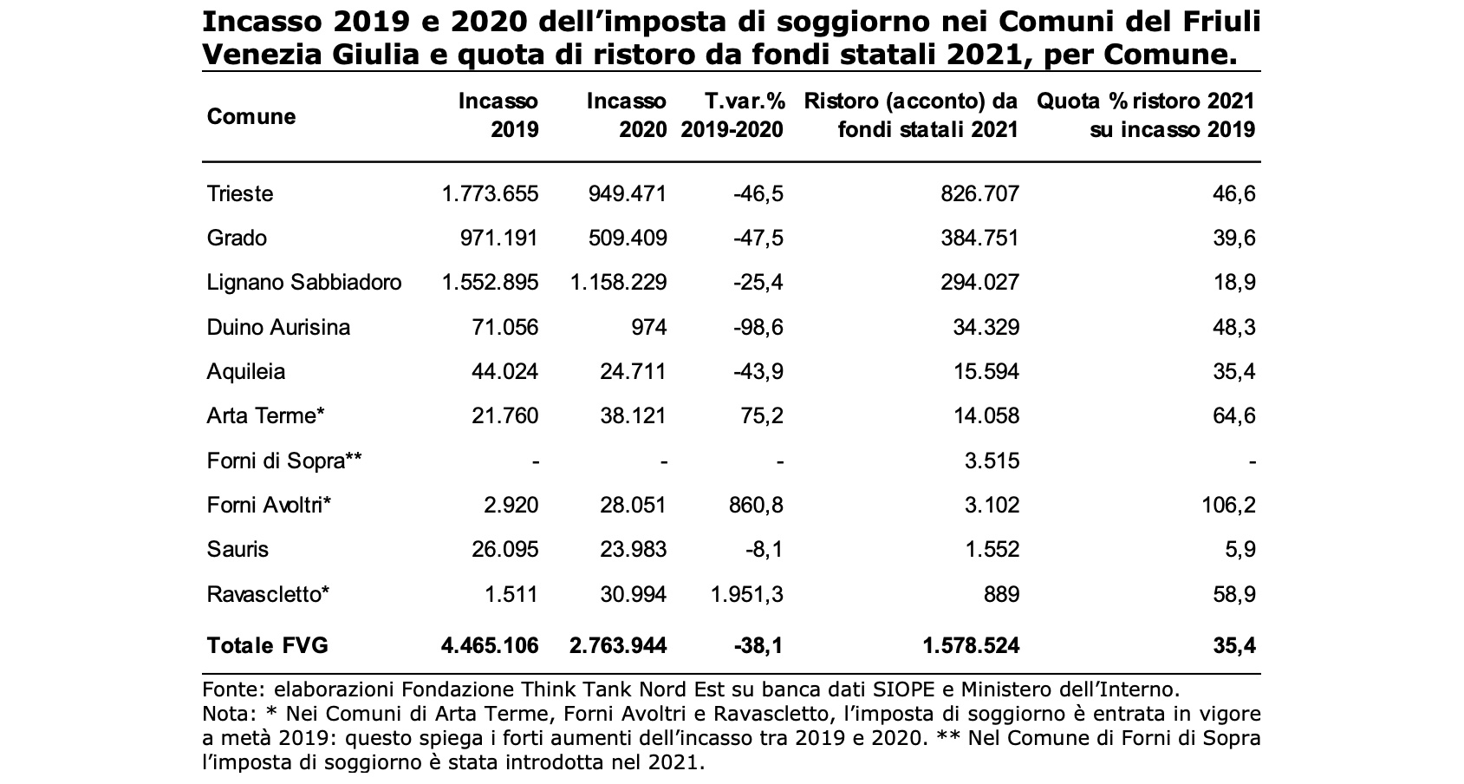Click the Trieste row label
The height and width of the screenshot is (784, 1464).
(x=240, y=193)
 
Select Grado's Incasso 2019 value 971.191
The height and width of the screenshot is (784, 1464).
(x=498, y=238)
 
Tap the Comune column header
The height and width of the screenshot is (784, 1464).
(x=251, y=116)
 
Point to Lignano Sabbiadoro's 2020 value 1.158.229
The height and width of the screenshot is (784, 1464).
(x=618, y=282)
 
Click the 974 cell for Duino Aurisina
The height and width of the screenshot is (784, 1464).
(x=649, y=327)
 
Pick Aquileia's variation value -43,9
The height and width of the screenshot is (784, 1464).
(x=758, y=371)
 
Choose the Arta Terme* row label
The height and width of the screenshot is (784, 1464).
(x=265, y=416)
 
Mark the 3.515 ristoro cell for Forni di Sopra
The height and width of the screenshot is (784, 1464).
(x=992, y=461)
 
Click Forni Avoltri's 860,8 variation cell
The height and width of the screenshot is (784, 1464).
(x=756, y=505)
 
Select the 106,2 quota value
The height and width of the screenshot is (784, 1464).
(x=1229, y=505)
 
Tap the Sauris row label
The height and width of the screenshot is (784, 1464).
(x=237, y=549)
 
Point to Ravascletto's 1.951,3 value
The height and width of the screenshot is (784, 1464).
(x=747, y=594)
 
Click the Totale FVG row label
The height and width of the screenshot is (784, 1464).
(x=267, y=645)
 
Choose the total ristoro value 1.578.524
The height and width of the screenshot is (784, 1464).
(x=971, y=645)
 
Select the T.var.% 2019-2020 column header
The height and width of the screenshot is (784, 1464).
(x=732, y=115)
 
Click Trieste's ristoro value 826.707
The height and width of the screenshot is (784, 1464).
(x=980, y=193)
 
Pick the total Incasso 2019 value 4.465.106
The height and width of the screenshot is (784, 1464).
(x=491, y=645)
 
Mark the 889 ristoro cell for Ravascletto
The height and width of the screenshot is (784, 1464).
(x=1002, y=594)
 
